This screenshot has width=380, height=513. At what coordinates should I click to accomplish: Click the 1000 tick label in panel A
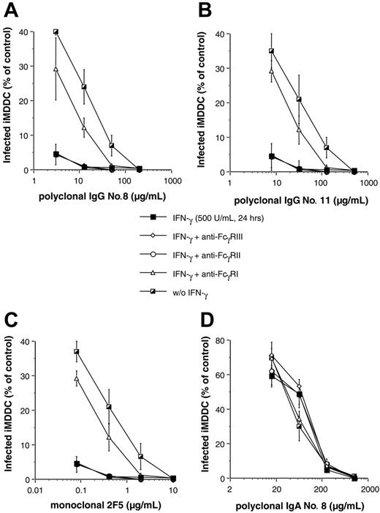click(172, 180)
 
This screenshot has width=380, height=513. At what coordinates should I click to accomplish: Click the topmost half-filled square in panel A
click(56, 32)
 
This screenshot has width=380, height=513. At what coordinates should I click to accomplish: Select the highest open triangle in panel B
click(251, 71)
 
